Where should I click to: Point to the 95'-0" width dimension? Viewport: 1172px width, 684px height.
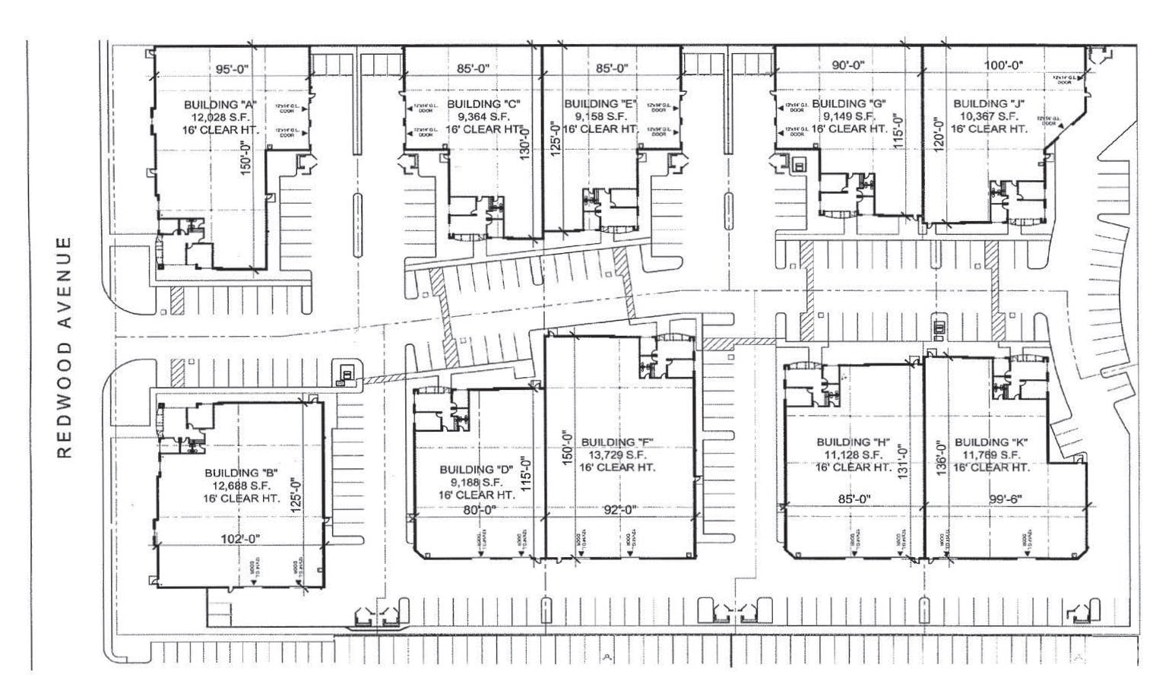pyautogui.click(x=232, y=69)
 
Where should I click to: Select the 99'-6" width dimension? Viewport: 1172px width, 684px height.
pyautogui.click(x=1006, y=499)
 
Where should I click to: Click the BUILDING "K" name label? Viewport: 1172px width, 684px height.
pyautogui.click(x=991, y=442)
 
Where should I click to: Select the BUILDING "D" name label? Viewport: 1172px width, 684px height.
pyautogui.click(x=476, y=469)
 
